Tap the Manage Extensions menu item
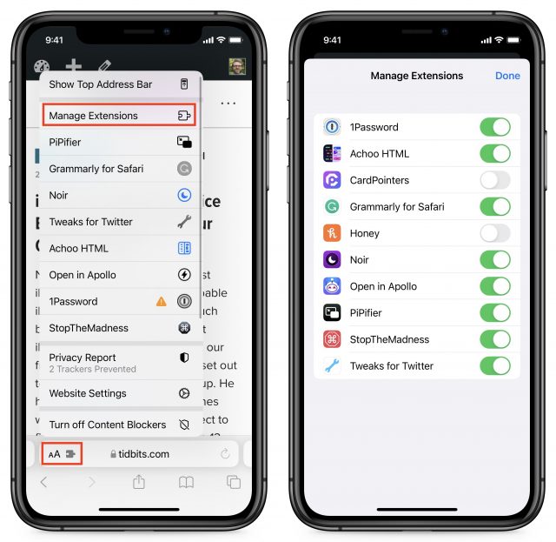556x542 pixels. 118,115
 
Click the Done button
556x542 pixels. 507,76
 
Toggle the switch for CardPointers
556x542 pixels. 494,180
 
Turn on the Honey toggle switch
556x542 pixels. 494,233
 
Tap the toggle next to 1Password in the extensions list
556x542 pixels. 494,127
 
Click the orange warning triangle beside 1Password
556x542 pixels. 161,301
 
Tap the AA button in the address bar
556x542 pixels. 55,454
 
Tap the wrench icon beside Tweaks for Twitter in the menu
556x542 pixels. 184,222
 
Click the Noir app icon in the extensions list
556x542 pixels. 331,259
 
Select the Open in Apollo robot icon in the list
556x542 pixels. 331,286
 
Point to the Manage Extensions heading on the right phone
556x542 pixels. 416,76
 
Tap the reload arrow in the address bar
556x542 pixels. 226,454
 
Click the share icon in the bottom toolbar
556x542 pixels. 138,483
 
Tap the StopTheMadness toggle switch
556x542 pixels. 494,339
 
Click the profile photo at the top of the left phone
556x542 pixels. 237,67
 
